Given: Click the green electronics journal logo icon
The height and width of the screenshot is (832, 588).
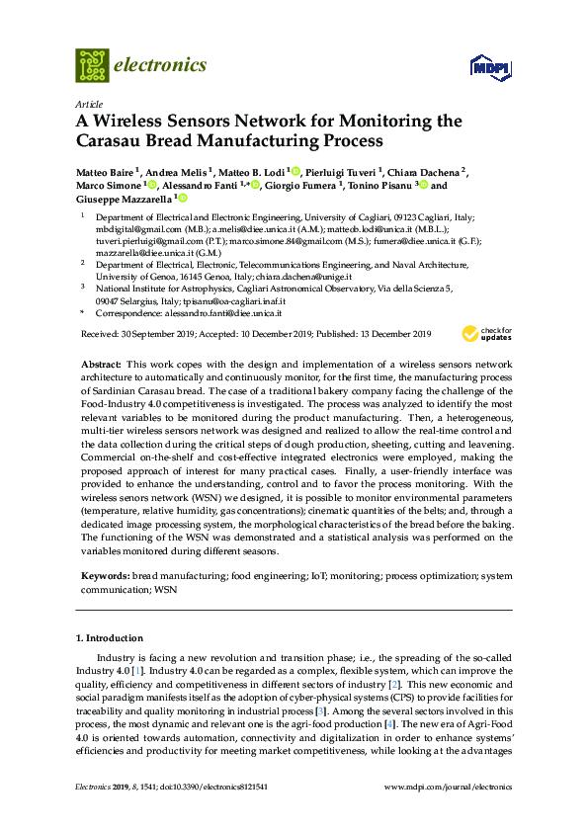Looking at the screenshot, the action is click(92, 65).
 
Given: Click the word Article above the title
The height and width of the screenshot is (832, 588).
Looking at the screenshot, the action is click(87, 103).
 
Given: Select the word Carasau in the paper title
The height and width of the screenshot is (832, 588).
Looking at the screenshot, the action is click(116, 141).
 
